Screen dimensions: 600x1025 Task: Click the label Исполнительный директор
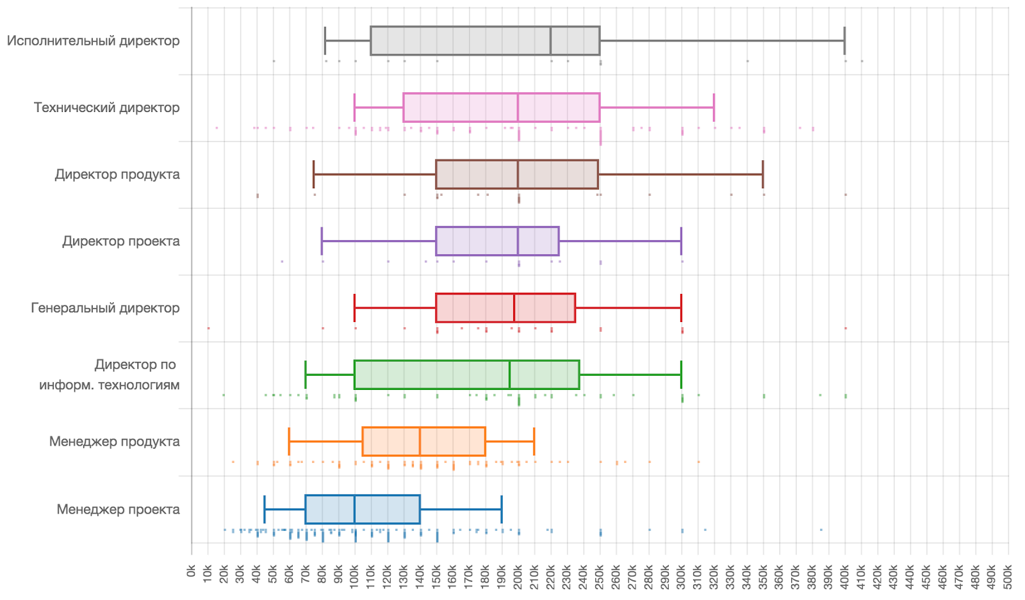pos(93,41)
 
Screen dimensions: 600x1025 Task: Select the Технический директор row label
pos(106,108)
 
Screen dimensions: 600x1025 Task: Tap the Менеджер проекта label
pos(118,510)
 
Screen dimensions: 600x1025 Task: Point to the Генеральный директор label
pos(105,308)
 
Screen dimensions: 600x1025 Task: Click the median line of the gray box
pos(550,41)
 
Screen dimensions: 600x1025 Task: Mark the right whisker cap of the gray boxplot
pos(844,41)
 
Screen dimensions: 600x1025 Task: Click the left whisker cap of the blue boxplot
pos(265,510)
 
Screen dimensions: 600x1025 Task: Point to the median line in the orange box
pos(420,442)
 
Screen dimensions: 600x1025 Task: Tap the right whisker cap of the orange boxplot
pos(534,442)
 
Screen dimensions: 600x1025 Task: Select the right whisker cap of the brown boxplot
pos(763,174)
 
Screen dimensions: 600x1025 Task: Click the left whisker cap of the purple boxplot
pos(322,241)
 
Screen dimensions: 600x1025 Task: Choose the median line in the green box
pos(509,375)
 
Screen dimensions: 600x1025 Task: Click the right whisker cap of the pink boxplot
pos(714,108)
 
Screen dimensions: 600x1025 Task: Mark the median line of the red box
pos(514,308)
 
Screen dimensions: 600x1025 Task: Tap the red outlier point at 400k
pos(846,328)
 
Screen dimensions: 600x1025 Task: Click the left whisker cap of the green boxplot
pos(306,375)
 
